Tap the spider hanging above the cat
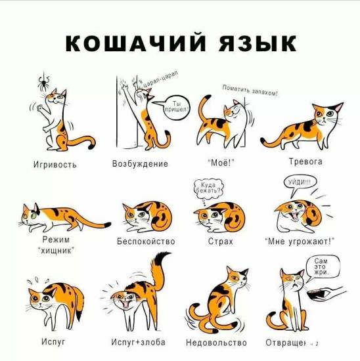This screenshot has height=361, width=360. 42,83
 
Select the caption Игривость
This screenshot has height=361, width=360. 55,164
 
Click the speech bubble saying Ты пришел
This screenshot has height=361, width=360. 178,106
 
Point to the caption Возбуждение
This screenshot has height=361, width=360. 140,163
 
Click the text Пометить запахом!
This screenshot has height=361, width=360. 250,91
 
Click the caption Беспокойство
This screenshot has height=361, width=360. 146,242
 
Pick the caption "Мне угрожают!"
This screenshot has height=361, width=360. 300,242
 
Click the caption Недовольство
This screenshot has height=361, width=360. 216,343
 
